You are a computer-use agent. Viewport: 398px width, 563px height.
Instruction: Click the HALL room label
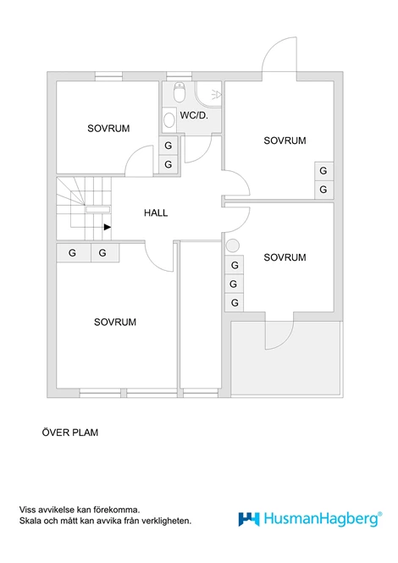click(156, 213)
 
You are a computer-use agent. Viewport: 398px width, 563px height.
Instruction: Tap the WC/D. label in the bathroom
click(194, 116)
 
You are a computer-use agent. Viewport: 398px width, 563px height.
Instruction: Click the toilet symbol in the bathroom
click(179, 92)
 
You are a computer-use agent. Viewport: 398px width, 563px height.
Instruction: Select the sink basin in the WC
click(169, 120)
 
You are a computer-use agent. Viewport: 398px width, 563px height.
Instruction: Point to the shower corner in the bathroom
click(208, 94)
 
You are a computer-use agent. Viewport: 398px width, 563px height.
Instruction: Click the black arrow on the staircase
click(108, 227)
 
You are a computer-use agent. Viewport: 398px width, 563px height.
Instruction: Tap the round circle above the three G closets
click(233, 246)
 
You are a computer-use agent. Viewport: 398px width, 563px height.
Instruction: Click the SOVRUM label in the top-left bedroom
click(108, 129)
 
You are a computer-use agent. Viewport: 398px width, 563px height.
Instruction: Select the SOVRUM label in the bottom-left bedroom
click(115, 322)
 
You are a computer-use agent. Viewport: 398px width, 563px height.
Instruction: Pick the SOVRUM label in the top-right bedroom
click(285, 141)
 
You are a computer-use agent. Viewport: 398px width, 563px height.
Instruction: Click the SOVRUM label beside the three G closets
click(285, 257)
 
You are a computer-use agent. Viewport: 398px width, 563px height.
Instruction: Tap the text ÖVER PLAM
click(70, 433)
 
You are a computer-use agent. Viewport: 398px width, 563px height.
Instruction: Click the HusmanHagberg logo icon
click(249, 519)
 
